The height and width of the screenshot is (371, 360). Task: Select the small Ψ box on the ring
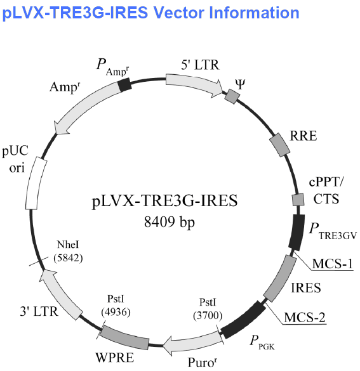click(x=232, y=96)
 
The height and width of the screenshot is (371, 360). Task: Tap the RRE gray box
click(x=280, y=145)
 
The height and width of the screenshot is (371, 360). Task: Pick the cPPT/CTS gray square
click(x=298, y=200)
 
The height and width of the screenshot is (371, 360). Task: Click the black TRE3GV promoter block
click(x=297, y=232)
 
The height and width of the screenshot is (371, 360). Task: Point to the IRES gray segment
click(x=280, y=278)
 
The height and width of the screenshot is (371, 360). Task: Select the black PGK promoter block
click(x=243, y=320)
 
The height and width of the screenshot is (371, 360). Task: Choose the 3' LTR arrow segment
click(x=60, y=294)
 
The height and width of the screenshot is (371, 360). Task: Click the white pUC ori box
click(x=36, y=183)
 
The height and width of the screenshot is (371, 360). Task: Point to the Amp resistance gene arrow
click(x=87, y=107)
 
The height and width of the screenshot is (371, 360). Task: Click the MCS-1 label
click(x=332, y=264)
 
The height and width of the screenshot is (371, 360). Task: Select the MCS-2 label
click(x=305, y=317)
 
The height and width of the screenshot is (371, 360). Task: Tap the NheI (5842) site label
click(x=68, y=251)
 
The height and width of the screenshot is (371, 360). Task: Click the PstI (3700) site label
click(x=208, y=309)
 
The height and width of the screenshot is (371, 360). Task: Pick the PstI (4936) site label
click(x=116, y=306)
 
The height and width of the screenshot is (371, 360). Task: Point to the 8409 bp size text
click(x=170, y=222)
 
